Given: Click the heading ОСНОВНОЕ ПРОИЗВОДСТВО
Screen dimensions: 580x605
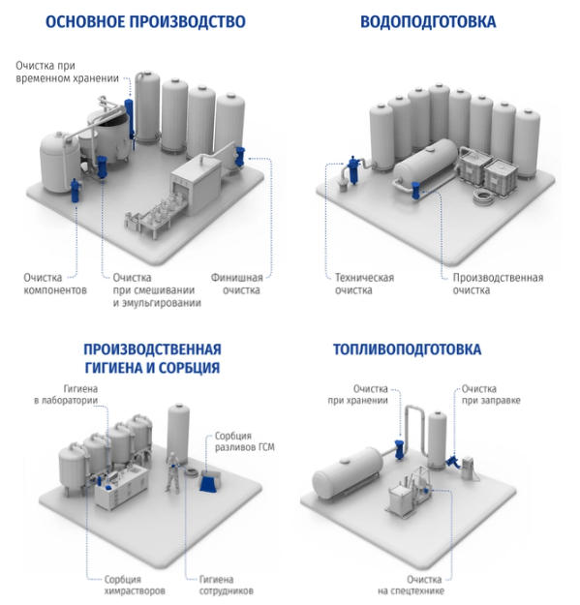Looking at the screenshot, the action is (x=145, y=21).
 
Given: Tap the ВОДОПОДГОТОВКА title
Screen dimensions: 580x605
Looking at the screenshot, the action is (x=428, y=21).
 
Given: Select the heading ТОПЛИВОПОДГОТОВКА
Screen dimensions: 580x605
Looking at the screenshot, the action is (x=407, y=349).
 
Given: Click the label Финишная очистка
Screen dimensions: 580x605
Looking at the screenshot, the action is (x=236, y=284).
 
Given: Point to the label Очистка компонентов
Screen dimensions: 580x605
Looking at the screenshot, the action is (x=55, y=284).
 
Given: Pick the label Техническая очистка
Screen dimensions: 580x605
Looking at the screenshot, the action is (x=364, y=284).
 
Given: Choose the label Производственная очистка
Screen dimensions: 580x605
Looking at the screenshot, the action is (x=498, y=284).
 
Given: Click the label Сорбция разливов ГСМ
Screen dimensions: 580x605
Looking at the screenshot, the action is (x=245, y=441).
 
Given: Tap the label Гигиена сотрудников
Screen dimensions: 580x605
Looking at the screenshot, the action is (x=227, y=585).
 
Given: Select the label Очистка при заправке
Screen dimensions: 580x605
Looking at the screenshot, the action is (x=491, y=394).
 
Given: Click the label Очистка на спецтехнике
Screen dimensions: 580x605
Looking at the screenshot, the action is (x=411, y=585).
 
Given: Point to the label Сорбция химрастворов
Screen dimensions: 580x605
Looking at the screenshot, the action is (x=135, y=585).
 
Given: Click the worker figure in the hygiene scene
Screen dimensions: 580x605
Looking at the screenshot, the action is (x=172, y=472).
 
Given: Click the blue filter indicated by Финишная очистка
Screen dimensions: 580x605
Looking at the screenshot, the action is (x=239, y=156).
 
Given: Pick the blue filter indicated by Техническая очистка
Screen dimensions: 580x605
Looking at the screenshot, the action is (x=352, y=169).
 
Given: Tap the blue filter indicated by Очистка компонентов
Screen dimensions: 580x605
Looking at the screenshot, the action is (x=75, y=191).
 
